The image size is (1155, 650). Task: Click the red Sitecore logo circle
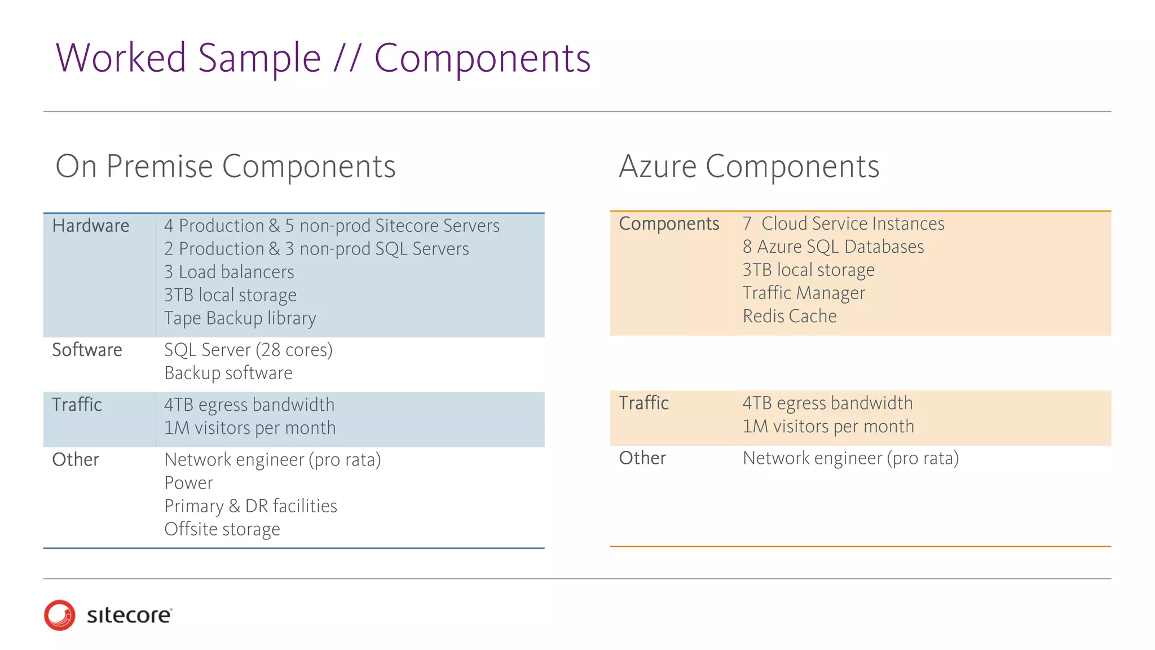[x=59, y=615]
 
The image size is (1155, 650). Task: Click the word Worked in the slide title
[x=121, y=58]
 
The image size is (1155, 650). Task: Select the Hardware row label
[x=91, y=226]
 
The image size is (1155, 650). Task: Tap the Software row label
[x=87, y=350]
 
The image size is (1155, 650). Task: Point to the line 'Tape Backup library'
[x=240, y=318]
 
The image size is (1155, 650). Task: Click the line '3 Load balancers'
[x=229, y=272]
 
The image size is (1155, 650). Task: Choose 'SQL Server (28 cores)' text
[x=248, y=350]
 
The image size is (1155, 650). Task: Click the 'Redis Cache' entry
[x=790, y=316]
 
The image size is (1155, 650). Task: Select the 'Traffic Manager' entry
[x=804, y=293]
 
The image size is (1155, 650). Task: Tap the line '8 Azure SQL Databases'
[x=833, y=247]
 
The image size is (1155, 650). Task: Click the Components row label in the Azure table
[x=669, y=223]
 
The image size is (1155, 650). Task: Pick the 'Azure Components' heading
[x=749, y=166]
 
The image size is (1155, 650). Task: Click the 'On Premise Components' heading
[x=226, y=166]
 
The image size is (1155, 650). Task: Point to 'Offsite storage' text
[x=222, y=529]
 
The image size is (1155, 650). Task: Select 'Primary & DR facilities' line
[x=250, y=506]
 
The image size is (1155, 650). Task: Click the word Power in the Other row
[x=188, y=483]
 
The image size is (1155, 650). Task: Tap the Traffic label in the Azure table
[x=643, y=403]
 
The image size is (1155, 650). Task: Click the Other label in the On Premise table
[x=76, y=460]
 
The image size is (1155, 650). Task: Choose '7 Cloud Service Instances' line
[x=843, y=223]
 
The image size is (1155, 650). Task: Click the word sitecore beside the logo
[x=129, y=615]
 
